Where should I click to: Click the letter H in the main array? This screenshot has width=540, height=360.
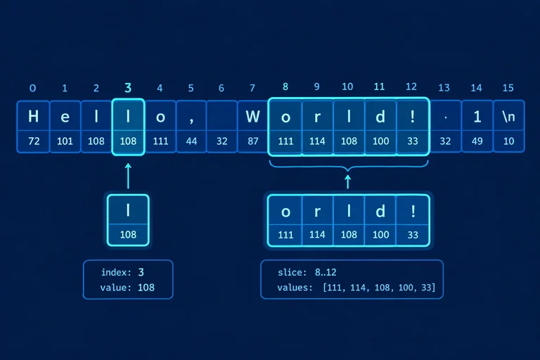pyautogui.click(x=34, y=116)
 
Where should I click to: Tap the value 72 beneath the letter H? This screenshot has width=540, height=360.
pyautogui.click(x=34, y=141)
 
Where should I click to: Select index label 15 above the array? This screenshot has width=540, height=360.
pyautogui.click(x=508, y=88)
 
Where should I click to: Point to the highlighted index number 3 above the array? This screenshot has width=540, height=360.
pyautogui.click(x=128, y=88)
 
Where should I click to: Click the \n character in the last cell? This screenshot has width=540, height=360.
pyautogui.click(x=508, y=117)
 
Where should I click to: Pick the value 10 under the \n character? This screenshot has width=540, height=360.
pyautogui.click(x=508, y=141)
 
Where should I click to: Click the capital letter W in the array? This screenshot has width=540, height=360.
pyautogui.click(x=253, y=117)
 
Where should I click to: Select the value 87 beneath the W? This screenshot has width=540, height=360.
pyautogui.click(x=253, y=141)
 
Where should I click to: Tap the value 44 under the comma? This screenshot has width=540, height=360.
pyautogui.click(x=191, y=141)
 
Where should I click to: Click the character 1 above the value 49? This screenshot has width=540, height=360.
pyautogui.click(x=477, y=117)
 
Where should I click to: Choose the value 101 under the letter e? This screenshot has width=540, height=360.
pyautogui.click(x=65, y=141)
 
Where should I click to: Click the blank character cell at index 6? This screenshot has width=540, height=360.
pyautogui.click(x=221, y=116)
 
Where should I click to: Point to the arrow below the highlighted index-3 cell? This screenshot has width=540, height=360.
pyautogui.click(x=128, y=176)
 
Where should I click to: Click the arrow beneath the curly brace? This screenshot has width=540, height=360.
pyautogui.click(x=348, y=182)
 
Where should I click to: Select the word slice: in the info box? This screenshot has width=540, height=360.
pyautogui.click(x=292, y=272)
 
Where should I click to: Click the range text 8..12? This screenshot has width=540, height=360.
pyautogui.click(x=326, y=272)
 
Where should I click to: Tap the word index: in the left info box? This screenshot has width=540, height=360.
pyautogui.click(x=116, y=272)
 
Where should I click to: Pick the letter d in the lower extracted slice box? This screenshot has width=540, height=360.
pyautogui.click(x=380, y=211)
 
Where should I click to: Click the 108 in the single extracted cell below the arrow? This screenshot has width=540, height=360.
pyautogui.click(x=128, y=235)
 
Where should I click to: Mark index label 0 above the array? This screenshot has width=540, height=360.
pyautogui.click(x=33, y=88)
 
